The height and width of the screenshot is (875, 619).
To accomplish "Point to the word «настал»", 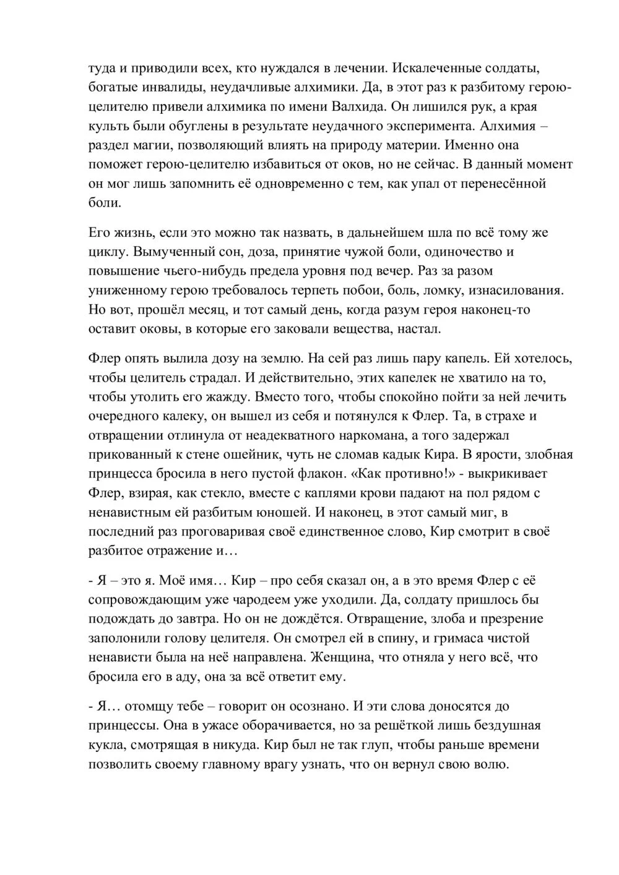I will tap(420, 328).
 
